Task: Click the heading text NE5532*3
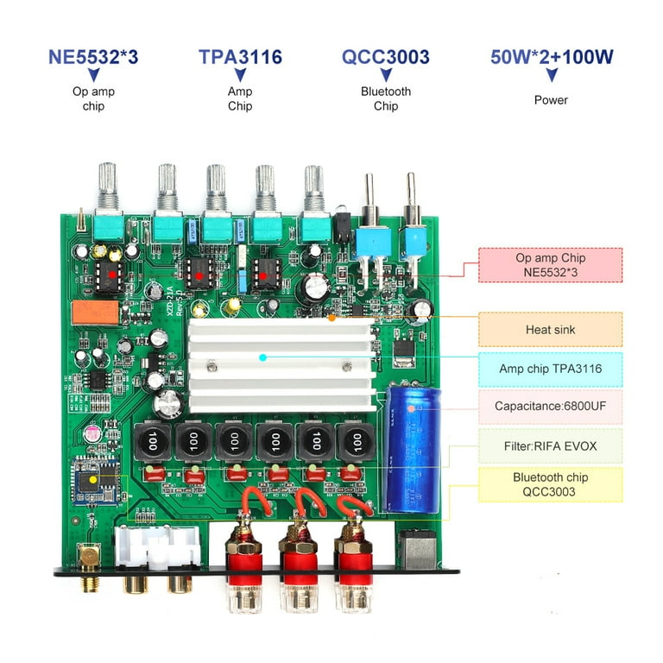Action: [92, 58]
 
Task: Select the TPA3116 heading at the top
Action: [240, 58]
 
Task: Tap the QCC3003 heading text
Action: [385, 58]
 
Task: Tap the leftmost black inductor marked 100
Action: [154, 444]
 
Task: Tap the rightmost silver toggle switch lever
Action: [412, 198]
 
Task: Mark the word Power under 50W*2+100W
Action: [551, 100]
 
